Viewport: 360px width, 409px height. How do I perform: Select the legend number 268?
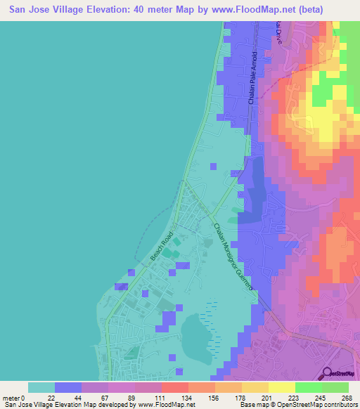(347, 397)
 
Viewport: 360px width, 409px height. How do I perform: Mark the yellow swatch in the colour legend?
(281, 387)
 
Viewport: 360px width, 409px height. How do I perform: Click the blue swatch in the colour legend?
(68, 387)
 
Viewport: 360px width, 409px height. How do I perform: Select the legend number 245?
(321, 397)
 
